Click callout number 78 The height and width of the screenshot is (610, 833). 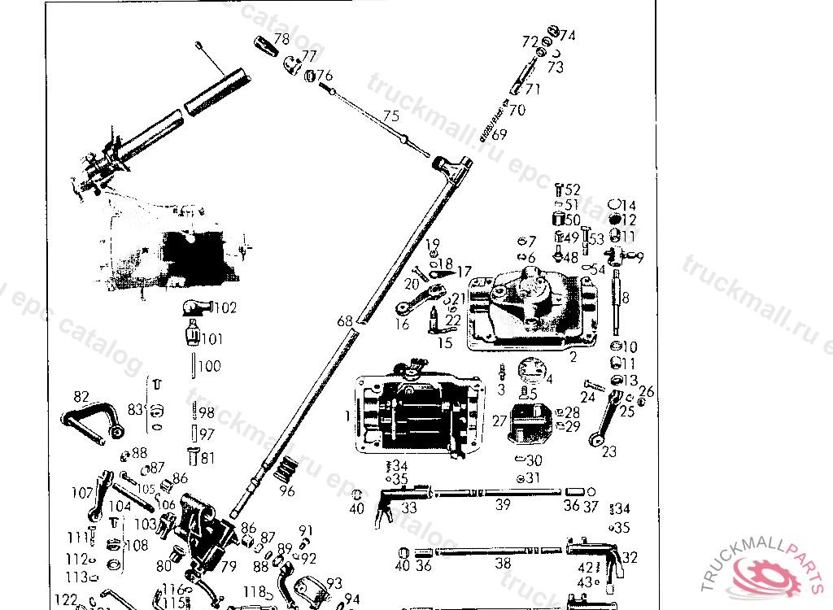pyautogui.click(x=281, y=38)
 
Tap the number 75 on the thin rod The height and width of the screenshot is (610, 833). pyautogui.click(x=391, y=116)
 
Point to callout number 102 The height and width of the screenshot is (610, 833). pyautogui.click(x=225, y=308)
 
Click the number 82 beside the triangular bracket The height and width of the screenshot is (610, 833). pyautogui.click(x=81, y=397)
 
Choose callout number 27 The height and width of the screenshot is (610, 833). pyautogui.click(x=499, y=420)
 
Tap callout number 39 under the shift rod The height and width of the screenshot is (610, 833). pyautogui.click(x=503, y=505)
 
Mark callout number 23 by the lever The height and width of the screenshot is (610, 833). pyautogui.click(x=609, y=451)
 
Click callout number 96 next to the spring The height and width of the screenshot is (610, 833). pyautogui.click(x=286, y=490)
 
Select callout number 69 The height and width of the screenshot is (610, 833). pyautogui.click(x=499, y=134)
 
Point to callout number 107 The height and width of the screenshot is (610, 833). pyautogui.click(x=82, y=492)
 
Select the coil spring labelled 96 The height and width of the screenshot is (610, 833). pyautogui.click(x=286, y=469)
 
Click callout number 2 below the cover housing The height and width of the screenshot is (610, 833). pyautogui.click(x=574, y=357)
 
